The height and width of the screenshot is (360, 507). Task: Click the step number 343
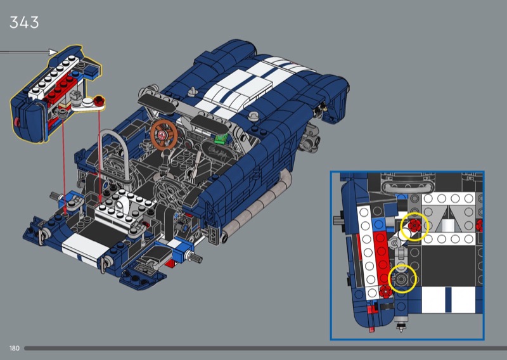pos(24,23)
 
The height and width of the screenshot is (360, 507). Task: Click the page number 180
pos(14,349)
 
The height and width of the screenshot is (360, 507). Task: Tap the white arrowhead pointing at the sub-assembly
pos(53,52)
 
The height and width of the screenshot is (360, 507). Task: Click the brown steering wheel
pos(164,134)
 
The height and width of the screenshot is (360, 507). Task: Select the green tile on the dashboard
pos(221,138)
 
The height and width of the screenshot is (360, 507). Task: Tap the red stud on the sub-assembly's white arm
pos(99,101)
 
